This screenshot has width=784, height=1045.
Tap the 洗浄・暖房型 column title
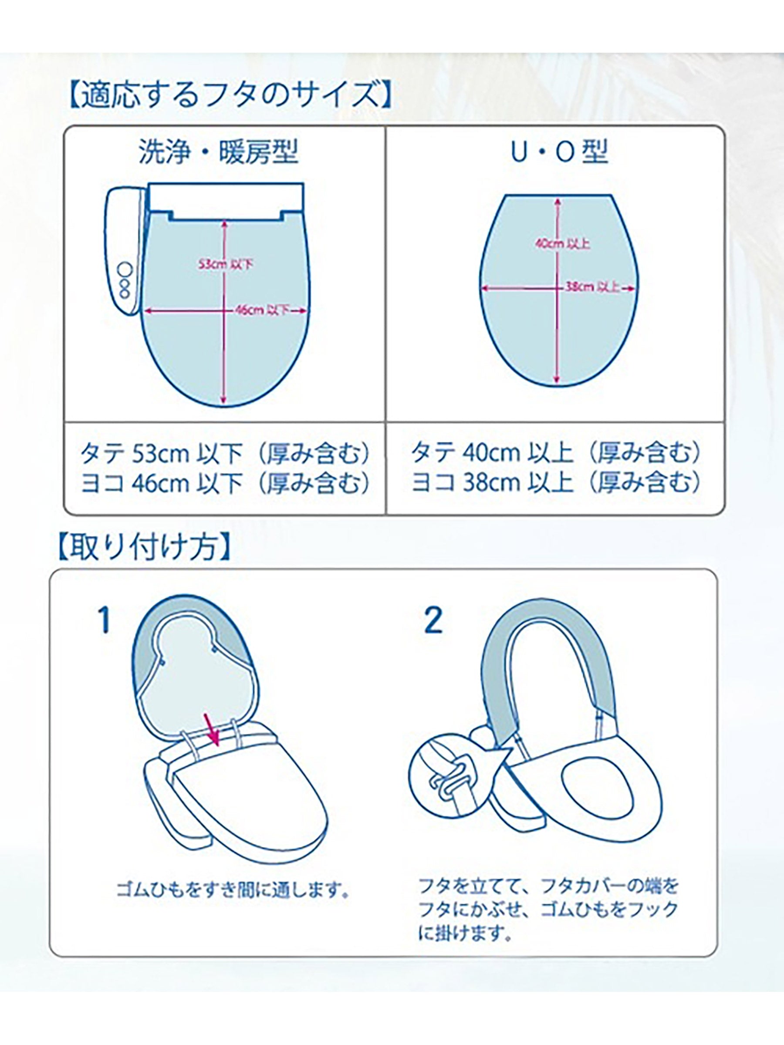218,152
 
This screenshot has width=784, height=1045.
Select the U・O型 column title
560,152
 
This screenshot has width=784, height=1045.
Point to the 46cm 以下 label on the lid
263,310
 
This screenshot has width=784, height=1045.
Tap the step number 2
433,620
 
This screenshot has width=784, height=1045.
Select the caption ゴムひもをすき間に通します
233,891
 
